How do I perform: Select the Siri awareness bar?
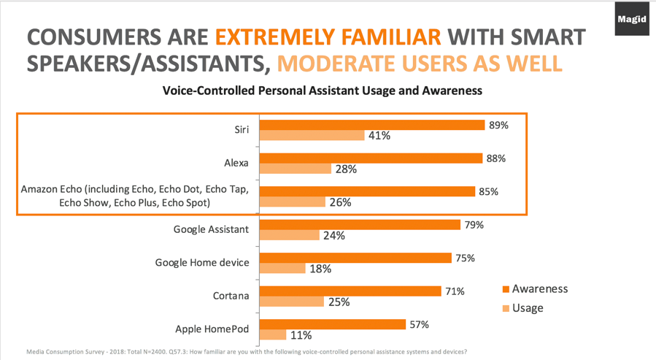tap(372, 125)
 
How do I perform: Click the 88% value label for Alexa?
tap(496, 158)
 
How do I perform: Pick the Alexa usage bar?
tap(295, 169)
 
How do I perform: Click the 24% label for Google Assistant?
tap(333, 235)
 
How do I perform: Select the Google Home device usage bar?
tap(282, 268)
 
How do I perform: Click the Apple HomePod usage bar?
tap(273, 334)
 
